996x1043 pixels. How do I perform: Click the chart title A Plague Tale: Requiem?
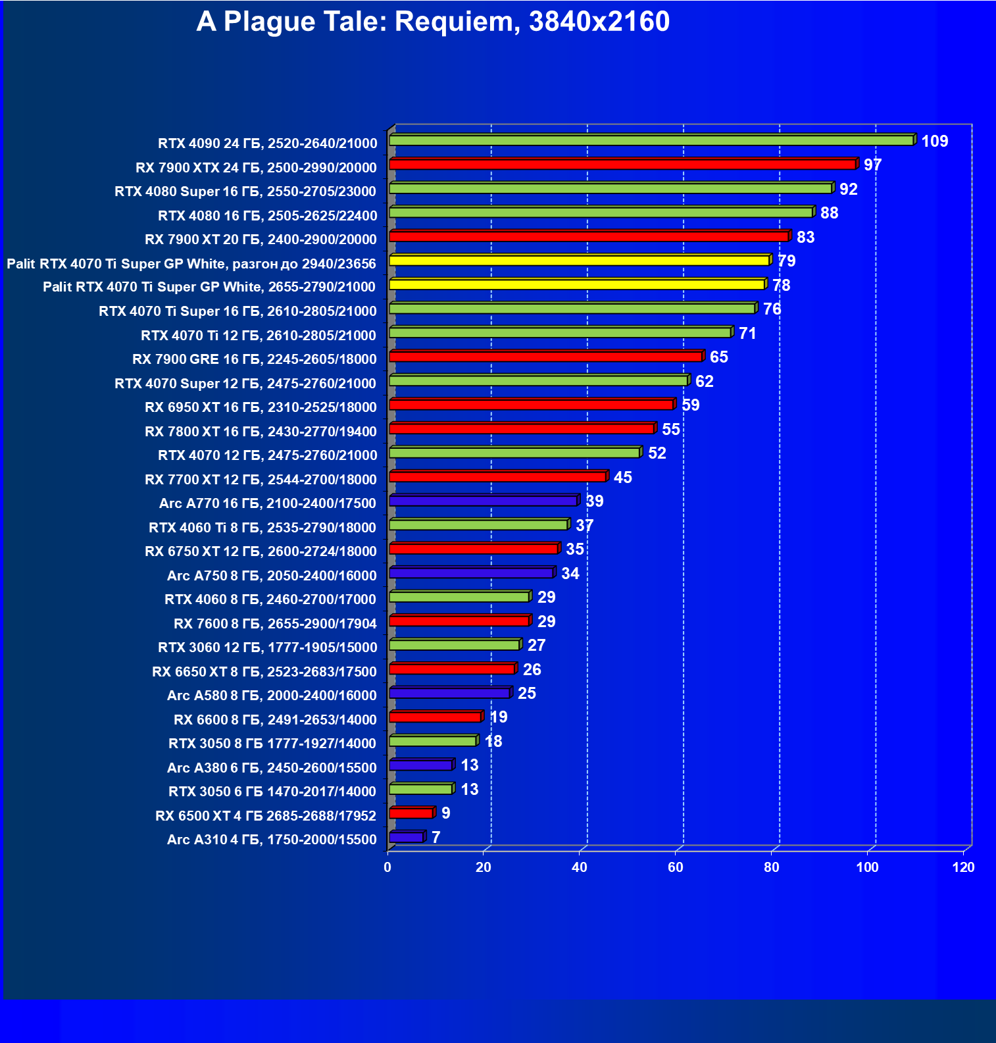433,22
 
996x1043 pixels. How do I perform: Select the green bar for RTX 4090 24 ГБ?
651,140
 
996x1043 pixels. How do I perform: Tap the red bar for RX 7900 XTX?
622,165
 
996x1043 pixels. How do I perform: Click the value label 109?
934,141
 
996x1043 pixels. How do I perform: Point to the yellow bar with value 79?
579,261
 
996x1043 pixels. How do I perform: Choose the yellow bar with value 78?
577,284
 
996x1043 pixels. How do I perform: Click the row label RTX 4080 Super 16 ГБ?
245,191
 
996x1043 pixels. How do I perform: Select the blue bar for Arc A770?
484,501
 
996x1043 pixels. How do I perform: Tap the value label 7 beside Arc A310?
436,837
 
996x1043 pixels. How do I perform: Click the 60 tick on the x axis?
676,867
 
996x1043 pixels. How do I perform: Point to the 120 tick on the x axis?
963,867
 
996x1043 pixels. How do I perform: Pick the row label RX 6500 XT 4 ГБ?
266,816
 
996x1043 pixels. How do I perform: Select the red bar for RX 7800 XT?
522,429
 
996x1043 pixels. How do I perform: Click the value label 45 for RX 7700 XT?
622,478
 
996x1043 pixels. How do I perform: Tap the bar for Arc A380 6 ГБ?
421,765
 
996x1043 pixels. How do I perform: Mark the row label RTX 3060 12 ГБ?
268,648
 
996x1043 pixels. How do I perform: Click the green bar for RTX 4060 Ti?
478,525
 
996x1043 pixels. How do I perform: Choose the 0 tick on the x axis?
387,867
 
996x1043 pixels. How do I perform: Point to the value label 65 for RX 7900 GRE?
718,357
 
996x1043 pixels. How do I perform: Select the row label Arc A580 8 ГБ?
272,696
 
